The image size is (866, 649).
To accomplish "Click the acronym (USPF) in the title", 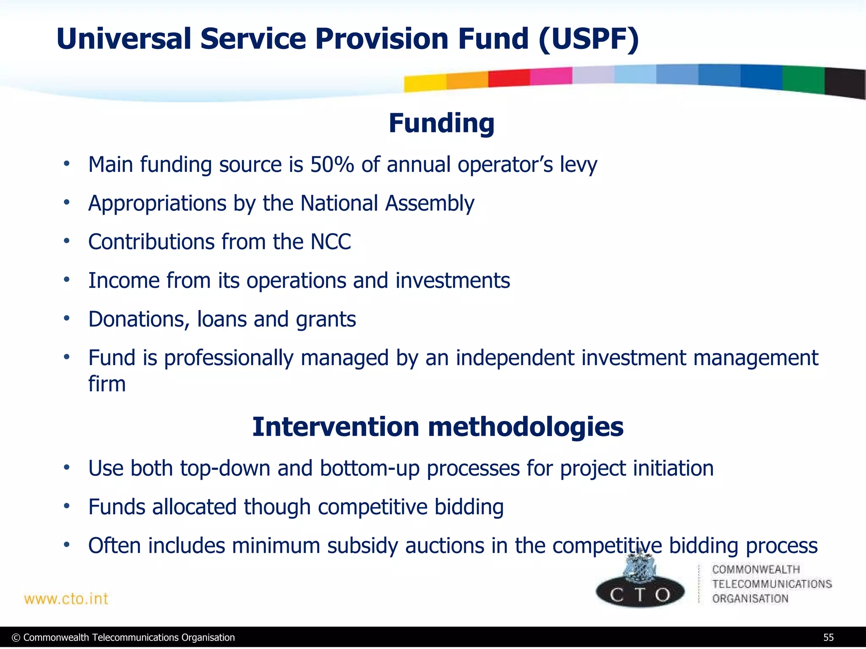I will coord(589,39).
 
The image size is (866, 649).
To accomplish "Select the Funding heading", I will coord(441,123).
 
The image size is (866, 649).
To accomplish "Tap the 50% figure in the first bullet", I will coord(332,164).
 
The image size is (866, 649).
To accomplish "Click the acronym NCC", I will coord(331,242).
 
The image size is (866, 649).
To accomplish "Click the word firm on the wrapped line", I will coord(107,384).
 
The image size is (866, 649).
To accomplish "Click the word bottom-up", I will coord(369,469).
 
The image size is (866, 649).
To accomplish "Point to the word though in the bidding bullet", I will coord(277,507).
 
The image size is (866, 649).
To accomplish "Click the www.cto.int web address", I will coord(66,599).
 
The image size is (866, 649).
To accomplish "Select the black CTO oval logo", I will coord(640,594).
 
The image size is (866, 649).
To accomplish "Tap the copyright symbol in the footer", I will coord(16,638).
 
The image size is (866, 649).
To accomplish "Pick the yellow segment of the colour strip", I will coord(425,83).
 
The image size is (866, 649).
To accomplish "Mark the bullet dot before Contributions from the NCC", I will coord(66,241).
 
